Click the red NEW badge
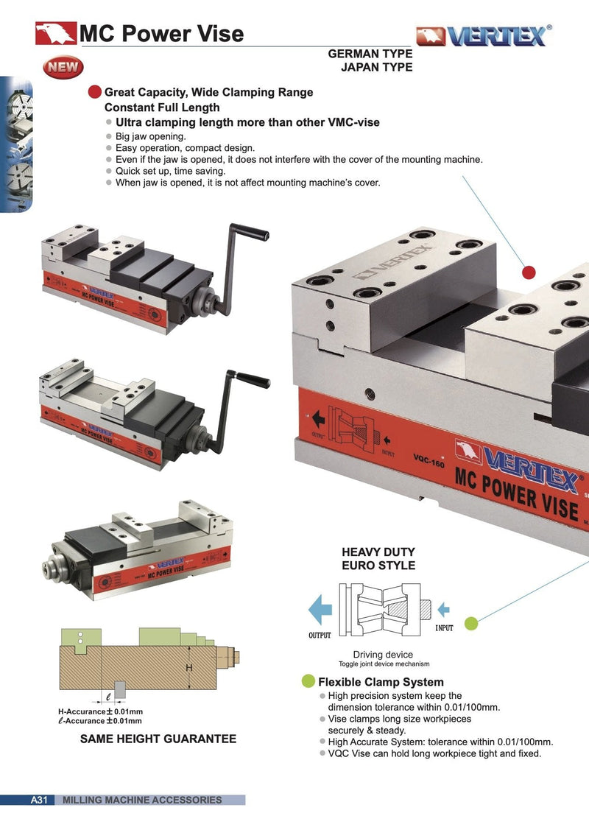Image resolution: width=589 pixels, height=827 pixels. coord(64,68)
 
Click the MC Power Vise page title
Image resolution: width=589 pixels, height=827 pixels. coord(161,33)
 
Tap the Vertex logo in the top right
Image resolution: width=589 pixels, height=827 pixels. coord(484,35)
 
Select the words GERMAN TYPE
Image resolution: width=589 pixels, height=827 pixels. coord(370,54)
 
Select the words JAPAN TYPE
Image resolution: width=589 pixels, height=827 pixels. coord(375,67)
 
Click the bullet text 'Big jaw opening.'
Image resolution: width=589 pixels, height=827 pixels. coord(151,136)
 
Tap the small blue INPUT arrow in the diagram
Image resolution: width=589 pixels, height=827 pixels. coord(443,609)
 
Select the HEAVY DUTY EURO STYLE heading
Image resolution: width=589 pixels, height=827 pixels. coord(378,559)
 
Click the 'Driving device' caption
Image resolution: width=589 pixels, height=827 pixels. coord(383,654)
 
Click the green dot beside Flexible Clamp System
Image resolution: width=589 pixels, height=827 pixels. coord(308,681)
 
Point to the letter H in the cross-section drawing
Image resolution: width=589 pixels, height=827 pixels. coord(188,667)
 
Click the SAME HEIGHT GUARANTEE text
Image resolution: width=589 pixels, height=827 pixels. coord(158,739)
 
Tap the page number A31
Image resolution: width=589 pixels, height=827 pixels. coord(38,800)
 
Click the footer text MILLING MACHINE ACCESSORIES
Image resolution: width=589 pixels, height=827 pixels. coord(142,800)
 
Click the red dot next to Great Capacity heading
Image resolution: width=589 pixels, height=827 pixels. coord(94,92)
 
